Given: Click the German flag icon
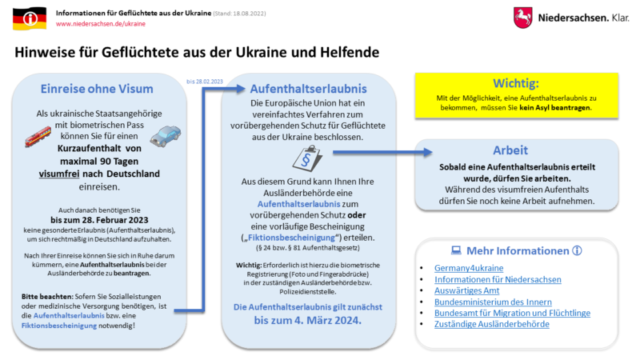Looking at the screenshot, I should tap(30, 19).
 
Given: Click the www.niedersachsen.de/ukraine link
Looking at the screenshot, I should tap(101, 24).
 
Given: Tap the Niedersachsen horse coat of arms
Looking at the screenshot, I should tap(523, 18).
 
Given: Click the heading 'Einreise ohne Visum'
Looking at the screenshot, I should tap(97, 89).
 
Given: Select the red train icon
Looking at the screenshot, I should tap(38, 138).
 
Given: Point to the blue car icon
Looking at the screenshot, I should tap(165, 138).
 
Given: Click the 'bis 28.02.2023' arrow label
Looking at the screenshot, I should tap(204, 81).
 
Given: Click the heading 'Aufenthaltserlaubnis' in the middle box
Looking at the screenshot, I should tap(308, 88).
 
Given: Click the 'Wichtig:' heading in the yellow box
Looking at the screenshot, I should tap(516, 83).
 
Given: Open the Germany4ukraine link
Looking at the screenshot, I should tap(469, 267).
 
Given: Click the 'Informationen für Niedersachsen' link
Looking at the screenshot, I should tap(498, 279).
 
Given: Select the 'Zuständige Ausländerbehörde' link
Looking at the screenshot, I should tap(491, 324).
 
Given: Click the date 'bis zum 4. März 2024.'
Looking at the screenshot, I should tap(308, 320).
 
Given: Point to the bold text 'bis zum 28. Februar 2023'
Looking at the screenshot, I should tap(97, 218).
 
